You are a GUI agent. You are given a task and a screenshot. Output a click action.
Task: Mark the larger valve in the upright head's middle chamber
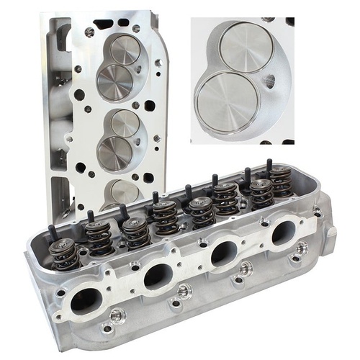click(x=115, y=153)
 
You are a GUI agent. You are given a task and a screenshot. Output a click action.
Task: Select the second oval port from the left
click(x=158, y=274)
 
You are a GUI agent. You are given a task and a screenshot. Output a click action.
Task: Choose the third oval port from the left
click(x=223, y=252)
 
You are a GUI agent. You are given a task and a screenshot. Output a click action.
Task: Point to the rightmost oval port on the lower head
click(x=283, y=233)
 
